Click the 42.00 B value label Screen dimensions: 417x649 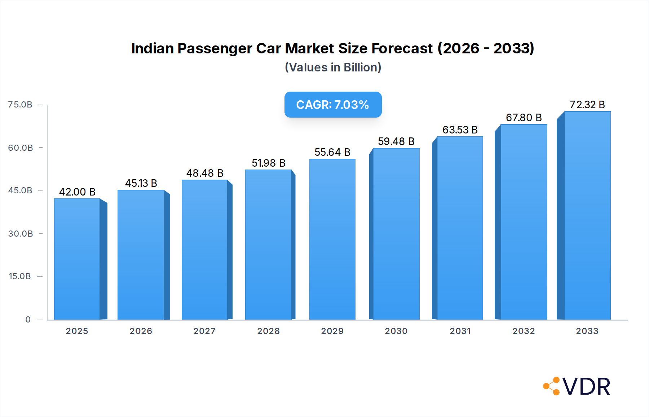[x=77, y=192]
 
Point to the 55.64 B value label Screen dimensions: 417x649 [x=332, y=152]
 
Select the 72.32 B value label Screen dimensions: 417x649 [x=587, y=105]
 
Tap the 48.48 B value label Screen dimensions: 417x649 [x=205, y=173]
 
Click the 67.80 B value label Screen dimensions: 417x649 [x=524, y=118]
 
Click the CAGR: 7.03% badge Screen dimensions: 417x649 [x=333, y=105]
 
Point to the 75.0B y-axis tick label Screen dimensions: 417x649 [x=20, y=105]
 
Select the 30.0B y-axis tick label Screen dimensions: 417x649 [x=21, y=234]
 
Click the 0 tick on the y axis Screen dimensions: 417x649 [x=28, y=320]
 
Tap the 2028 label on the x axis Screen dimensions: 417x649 [x=268, y=331]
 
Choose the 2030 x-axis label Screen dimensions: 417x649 [x=396, y=331]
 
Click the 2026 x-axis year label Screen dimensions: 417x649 [x=141, y=331]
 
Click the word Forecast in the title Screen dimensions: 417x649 [x=402, y=48]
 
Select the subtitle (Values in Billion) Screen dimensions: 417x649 [x=333, y=67]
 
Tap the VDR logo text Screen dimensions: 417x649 [x=586, y=387]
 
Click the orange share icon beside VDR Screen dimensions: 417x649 [x=552, y=386]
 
